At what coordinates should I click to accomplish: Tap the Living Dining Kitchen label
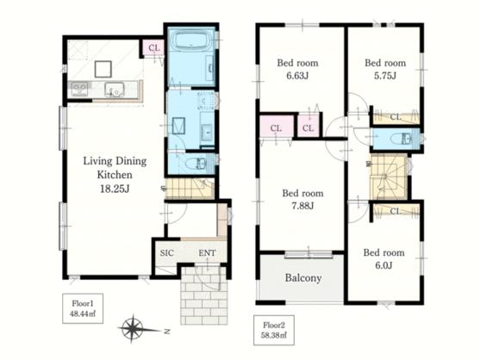[115, 168]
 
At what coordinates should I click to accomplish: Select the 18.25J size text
[115, 189]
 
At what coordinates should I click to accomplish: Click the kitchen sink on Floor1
[115, 90]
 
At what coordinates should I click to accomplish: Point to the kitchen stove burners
[79, 90]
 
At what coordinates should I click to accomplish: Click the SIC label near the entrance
[167, 253]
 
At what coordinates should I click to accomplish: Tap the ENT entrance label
[207, 253]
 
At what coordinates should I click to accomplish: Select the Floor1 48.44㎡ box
[83, 308]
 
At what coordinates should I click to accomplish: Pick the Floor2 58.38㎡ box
[274, 330]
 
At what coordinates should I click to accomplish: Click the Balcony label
[303, 278]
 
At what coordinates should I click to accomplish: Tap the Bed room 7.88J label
[302, 199]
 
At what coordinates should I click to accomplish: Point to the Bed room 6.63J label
[297, 69]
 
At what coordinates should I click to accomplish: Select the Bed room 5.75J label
[385, 69]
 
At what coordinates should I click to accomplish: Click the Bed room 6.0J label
[383, 258]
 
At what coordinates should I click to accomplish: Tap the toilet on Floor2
[401, 139]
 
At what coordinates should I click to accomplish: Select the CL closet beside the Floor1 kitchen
[154, 47]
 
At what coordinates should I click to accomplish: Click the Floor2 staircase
[389, 177]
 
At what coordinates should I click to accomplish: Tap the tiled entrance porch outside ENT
[204, 295]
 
